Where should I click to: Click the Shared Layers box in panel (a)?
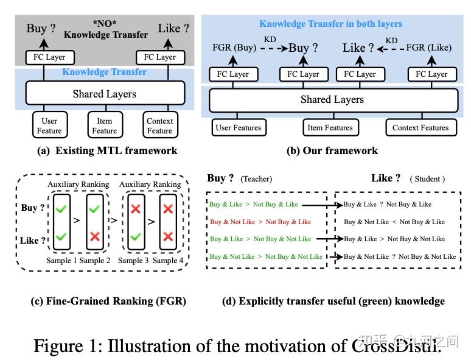point(104,94)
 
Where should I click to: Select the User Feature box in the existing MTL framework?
point(49,125)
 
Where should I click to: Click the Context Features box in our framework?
point(420,128)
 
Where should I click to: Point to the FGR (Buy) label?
point(234,48)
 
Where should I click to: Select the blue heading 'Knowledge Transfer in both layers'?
point(330,24)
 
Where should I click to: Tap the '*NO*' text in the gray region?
point(106,23)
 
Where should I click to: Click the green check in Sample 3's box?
point(135,236)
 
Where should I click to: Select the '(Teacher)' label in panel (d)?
point(256,179)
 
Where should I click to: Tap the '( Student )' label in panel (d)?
point(428,179)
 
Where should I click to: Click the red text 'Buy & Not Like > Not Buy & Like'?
point(260,222)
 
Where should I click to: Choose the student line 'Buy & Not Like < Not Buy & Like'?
point(394,222)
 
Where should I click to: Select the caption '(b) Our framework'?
point(332,150)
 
